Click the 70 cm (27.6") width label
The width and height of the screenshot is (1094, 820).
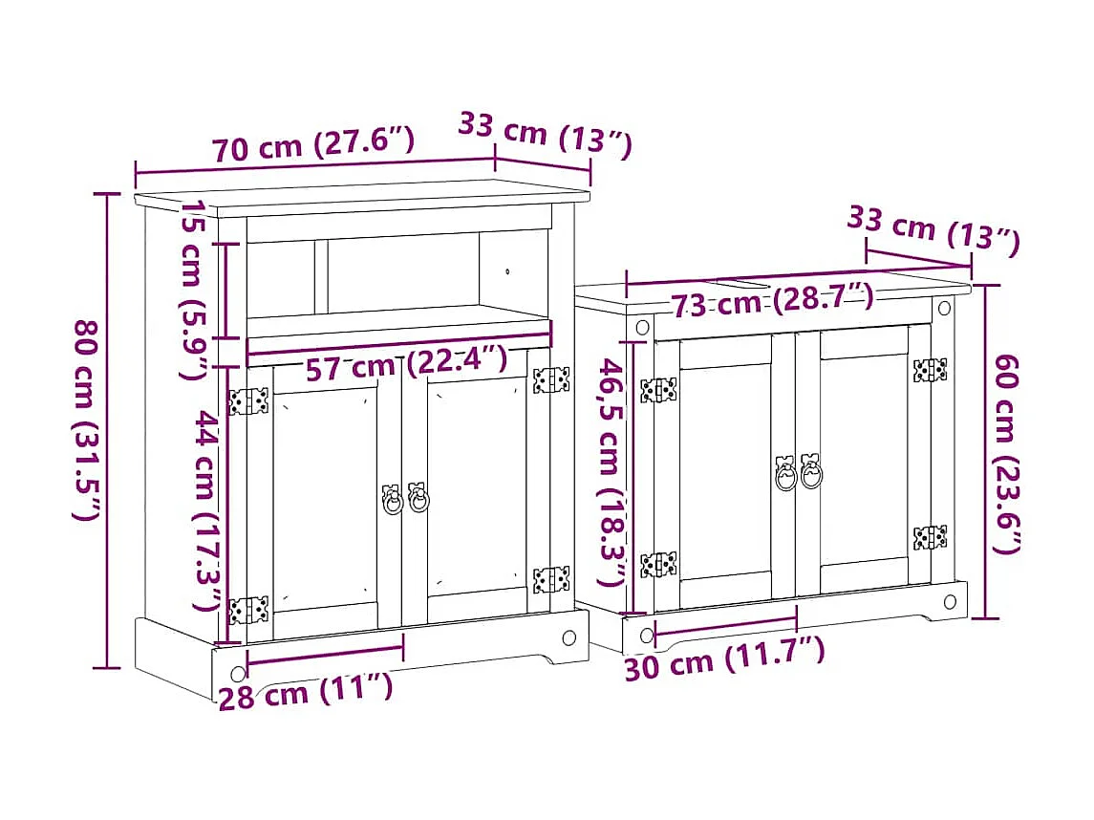(x=312, y=146)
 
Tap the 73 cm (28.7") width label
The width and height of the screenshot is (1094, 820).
(x=772, y=302)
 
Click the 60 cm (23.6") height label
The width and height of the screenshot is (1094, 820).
(x=1009, y=452)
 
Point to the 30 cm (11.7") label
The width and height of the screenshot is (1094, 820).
(x=723, y=659)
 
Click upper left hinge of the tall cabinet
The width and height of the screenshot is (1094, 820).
(x=248, y=400)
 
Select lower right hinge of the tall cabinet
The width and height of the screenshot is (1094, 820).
(x=550, y=579)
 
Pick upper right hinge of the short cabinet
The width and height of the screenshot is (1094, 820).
(x=929, y=371)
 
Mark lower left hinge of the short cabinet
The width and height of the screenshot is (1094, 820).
(x=658, y=564)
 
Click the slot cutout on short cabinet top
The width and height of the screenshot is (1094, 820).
(x=740, y=283)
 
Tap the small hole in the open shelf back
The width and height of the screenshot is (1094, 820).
(x=508, y=271)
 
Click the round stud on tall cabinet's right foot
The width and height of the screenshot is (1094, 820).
(x=569, y=637)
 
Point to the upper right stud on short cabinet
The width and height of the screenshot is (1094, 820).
(x=944, y=309)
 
